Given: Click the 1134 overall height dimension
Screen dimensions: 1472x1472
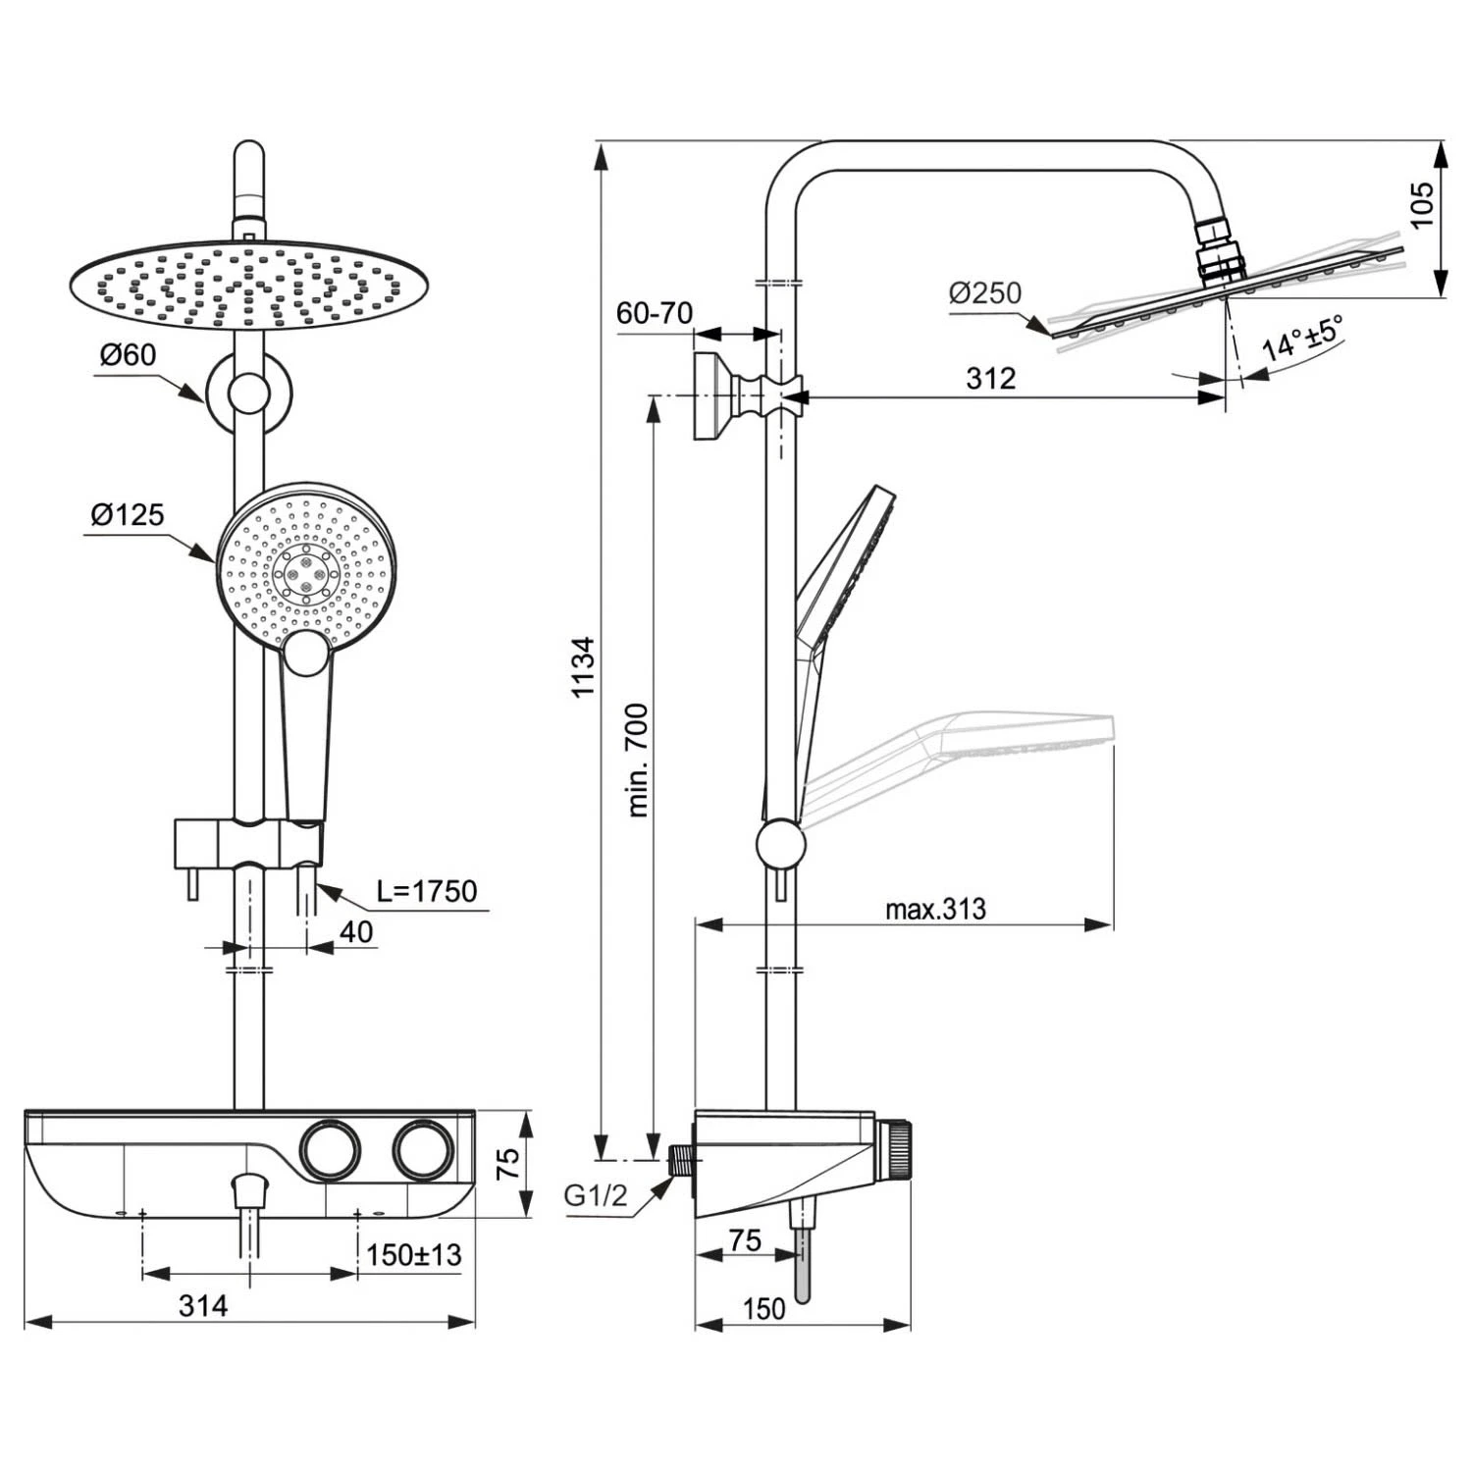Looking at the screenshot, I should (x=584, y=667).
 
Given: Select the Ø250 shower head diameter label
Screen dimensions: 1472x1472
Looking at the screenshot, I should (x=985, y=292).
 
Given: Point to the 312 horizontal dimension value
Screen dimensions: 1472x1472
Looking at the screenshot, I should (x=990, y=379).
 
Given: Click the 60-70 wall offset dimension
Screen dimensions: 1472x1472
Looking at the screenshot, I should (x=654, y=313).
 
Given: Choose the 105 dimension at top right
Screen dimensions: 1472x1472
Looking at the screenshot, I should (x=1422, y=205).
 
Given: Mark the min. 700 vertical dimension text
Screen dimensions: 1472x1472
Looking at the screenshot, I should (x=638, y=760).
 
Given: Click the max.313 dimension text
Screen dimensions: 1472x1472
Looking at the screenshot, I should (x=935, y=909).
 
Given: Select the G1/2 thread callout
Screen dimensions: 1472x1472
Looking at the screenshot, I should (x=595, y=1195).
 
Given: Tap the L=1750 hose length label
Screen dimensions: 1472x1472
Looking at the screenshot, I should (x=427, y=891).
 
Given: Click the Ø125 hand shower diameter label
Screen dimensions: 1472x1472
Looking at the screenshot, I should (x=128, y=514).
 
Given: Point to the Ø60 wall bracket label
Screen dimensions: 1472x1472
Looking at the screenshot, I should (x=128, y=354).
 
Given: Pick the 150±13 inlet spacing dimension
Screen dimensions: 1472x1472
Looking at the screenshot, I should (x=413, y=1254).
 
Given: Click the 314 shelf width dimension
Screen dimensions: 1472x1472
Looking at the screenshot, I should (x=203, y=1305).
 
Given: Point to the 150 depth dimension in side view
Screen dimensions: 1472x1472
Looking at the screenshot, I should (x=763, y=1308).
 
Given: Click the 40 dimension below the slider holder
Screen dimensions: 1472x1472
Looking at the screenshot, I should (x=355, y=931).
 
